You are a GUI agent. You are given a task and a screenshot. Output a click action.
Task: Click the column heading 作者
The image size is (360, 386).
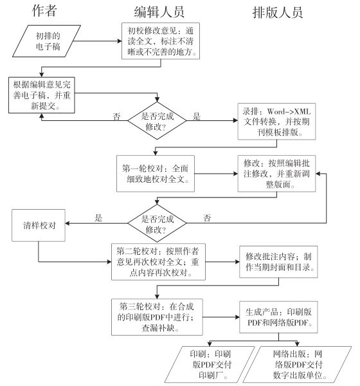tap(44, 10)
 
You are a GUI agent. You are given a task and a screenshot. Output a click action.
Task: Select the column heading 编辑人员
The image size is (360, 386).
tap(159, 12)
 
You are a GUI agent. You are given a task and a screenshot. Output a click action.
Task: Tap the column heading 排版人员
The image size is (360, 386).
tap(278, 12)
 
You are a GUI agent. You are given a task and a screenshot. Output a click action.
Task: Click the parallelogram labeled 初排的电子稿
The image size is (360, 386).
tap(47, 41)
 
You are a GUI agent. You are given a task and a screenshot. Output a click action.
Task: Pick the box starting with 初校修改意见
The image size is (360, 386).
tap(161, 41)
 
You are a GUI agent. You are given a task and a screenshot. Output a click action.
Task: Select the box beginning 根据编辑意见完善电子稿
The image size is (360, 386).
tap(42, 95)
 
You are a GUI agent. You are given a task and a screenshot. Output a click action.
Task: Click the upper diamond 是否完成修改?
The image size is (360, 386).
tap(157, 121)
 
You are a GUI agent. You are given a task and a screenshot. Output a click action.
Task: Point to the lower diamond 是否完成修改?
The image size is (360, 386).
tap(157, 223)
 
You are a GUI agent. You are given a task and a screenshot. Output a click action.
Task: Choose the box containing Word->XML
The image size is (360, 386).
tap(276, 122)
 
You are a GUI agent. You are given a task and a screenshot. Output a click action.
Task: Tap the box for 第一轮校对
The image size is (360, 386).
tap(156, 174)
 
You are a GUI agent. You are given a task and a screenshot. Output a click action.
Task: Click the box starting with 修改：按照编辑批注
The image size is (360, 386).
tap(276, 174)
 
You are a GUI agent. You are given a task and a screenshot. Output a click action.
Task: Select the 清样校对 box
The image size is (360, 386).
tap(39, 226)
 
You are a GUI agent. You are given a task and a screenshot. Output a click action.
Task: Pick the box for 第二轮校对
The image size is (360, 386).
tap(159, 262)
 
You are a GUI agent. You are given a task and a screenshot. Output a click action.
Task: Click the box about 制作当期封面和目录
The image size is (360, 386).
tap(278, 262)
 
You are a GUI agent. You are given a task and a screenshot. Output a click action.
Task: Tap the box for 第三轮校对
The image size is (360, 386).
tap(157, 317)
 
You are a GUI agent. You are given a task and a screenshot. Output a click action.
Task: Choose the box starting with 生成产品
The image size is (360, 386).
tap(278, 317)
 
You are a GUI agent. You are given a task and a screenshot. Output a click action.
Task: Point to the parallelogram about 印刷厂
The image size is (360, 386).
tap(210, 365)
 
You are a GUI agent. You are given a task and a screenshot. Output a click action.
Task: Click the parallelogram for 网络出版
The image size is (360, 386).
tap(297, 365)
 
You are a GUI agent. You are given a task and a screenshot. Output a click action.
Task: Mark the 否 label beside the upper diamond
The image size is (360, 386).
tap(116, 116)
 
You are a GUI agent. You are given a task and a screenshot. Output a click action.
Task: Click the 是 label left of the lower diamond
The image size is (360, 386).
tap(98, 217)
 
